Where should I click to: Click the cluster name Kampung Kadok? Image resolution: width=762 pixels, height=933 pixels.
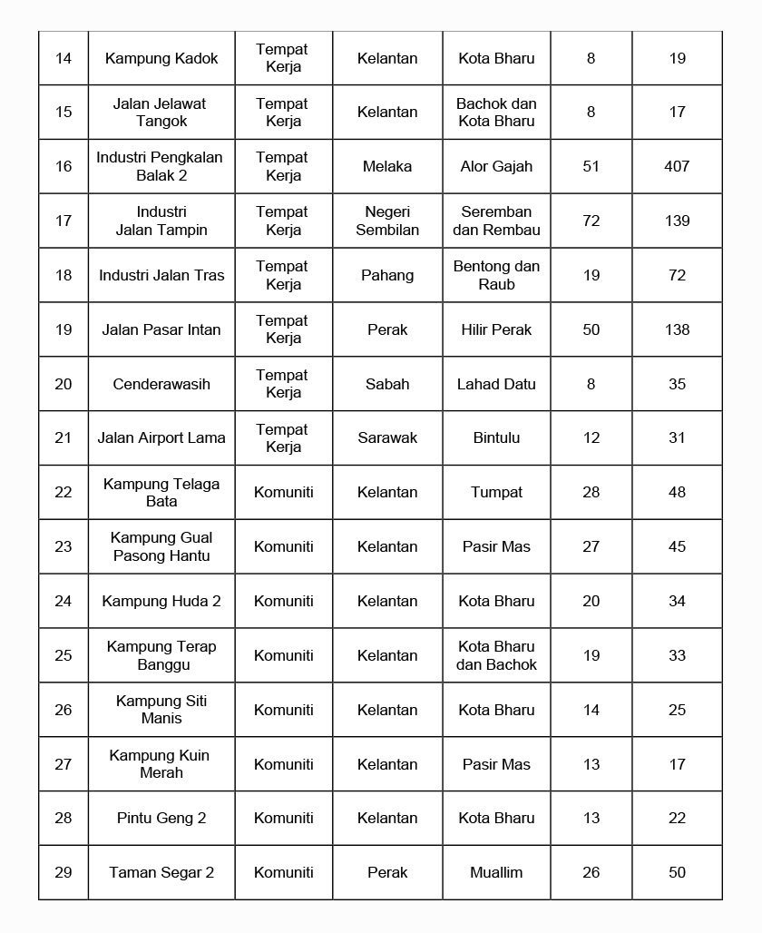click(x=161, y=58)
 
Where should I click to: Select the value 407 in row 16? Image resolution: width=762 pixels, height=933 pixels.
click(x=677, y=166)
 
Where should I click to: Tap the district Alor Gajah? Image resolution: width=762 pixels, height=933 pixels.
click(x=496, y=166)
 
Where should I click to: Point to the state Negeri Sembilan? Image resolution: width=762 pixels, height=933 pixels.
click(x=387, y=221)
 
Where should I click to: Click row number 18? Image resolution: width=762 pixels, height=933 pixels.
click(x=63, y=275)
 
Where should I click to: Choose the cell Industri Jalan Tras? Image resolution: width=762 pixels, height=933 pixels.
click(x=161, y=275)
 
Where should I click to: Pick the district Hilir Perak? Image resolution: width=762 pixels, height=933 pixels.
click(x=496, y=329)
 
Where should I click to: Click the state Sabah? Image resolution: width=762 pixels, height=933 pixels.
click(x=387, y=384)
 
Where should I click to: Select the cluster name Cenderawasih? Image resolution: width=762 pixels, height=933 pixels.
click(x=161, y=384)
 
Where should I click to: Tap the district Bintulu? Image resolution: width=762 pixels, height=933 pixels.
click(x=496, y=437)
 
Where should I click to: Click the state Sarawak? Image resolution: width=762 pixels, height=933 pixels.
click(x=387, y=437)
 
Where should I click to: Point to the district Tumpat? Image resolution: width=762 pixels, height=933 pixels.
click(x=496, y=492)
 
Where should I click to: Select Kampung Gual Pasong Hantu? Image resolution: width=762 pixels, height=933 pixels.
click(x=161, y=546)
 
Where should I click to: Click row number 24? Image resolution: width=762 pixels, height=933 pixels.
click(x=63, y=601)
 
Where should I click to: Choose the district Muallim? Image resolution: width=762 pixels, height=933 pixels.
click(x=496, y=872)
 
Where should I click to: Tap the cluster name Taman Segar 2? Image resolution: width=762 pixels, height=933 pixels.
click(x=161, y=872)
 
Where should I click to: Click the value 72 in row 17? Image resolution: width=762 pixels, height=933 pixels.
click(x=591, y=221)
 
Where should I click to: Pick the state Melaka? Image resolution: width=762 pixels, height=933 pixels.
click(x=387, y=166)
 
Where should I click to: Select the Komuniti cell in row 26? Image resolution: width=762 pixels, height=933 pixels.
click(x=284, y=710)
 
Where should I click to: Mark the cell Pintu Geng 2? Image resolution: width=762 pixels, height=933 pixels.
click(x=161, y=818)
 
